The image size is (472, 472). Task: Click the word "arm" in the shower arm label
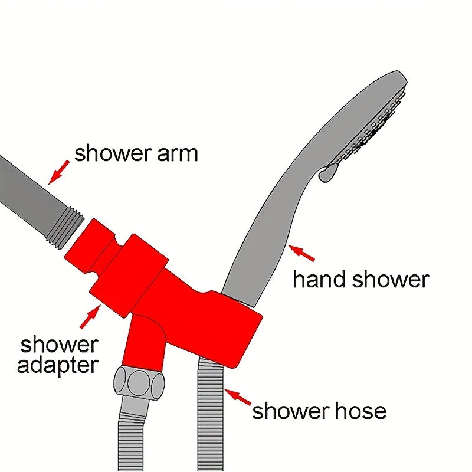click(178, 154)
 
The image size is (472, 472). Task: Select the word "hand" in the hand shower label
click(319, 278)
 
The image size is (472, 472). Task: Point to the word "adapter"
click(58, 366)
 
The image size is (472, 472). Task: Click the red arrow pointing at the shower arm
click(58, 172)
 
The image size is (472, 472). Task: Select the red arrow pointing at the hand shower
click(301, 253)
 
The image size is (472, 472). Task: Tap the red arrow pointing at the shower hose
click(238, 397)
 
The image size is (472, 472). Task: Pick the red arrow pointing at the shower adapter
click(90, 316)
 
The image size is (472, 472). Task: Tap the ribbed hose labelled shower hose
click(211, 415)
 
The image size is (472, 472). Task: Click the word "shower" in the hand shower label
click(391, 279)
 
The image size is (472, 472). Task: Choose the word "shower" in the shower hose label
click(291, 411)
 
